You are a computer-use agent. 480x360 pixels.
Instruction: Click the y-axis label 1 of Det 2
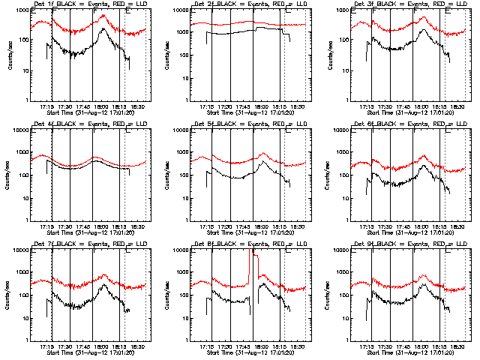[185, 101]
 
